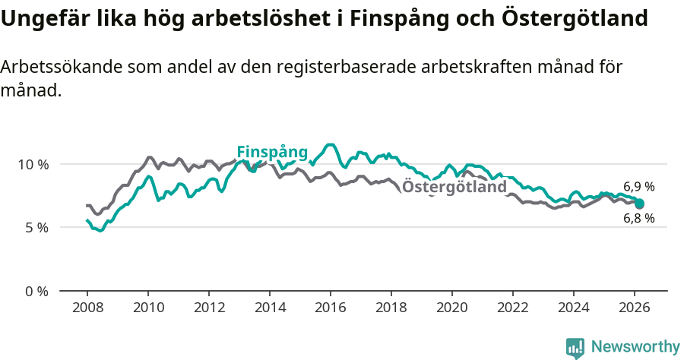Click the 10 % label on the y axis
coord(33,164)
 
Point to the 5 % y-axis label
coord(36,227)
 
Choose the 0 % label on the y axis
coord(36,291)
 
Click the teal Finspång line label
coord(272,152)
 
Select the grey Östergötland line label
coord(454,187)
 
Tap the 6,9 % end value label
coord(639,186)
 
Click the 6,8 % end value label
coord(639,219)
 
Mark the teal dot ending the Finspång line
coord(640,204)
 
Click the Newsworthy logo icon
coord(575,348)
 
